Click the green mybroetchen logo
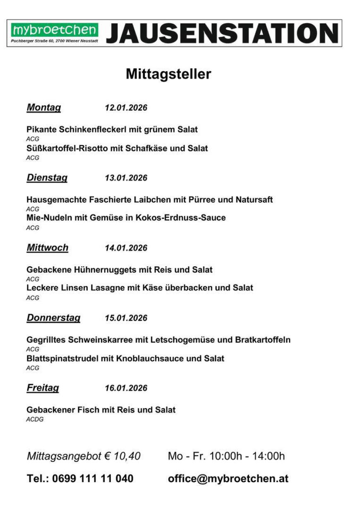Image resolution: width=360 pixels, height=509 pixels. (55, 30)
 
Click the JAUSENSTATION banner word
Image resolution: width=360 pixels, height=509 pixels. (222, 33)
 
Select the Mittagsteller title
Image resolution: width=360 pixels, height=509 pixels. (168, 74)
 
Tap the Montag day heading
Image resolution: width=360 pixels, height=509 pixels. (43, 108)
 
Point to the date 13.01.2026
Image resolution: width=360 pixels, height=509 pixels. (126, 178)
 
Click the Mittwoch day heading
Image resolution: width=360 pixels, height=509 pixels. (47, 248)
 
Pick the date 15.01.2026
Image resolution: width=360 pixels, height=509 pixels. (126, 318)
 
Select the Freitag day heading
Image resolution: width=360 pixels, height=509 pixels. (43, 388)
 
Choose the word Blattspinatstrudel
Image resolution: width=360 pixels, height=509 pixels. (62, 358)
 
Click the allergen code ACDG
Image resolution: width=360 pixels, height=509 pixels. (35, 420)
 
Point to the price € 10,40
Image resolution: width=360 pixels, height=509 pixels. (122, 456)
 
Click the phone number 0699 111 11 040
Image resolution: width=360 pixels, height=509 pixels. (93, 479)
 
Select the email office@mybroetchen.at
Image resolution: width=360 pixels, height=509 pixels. (228, 479)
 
